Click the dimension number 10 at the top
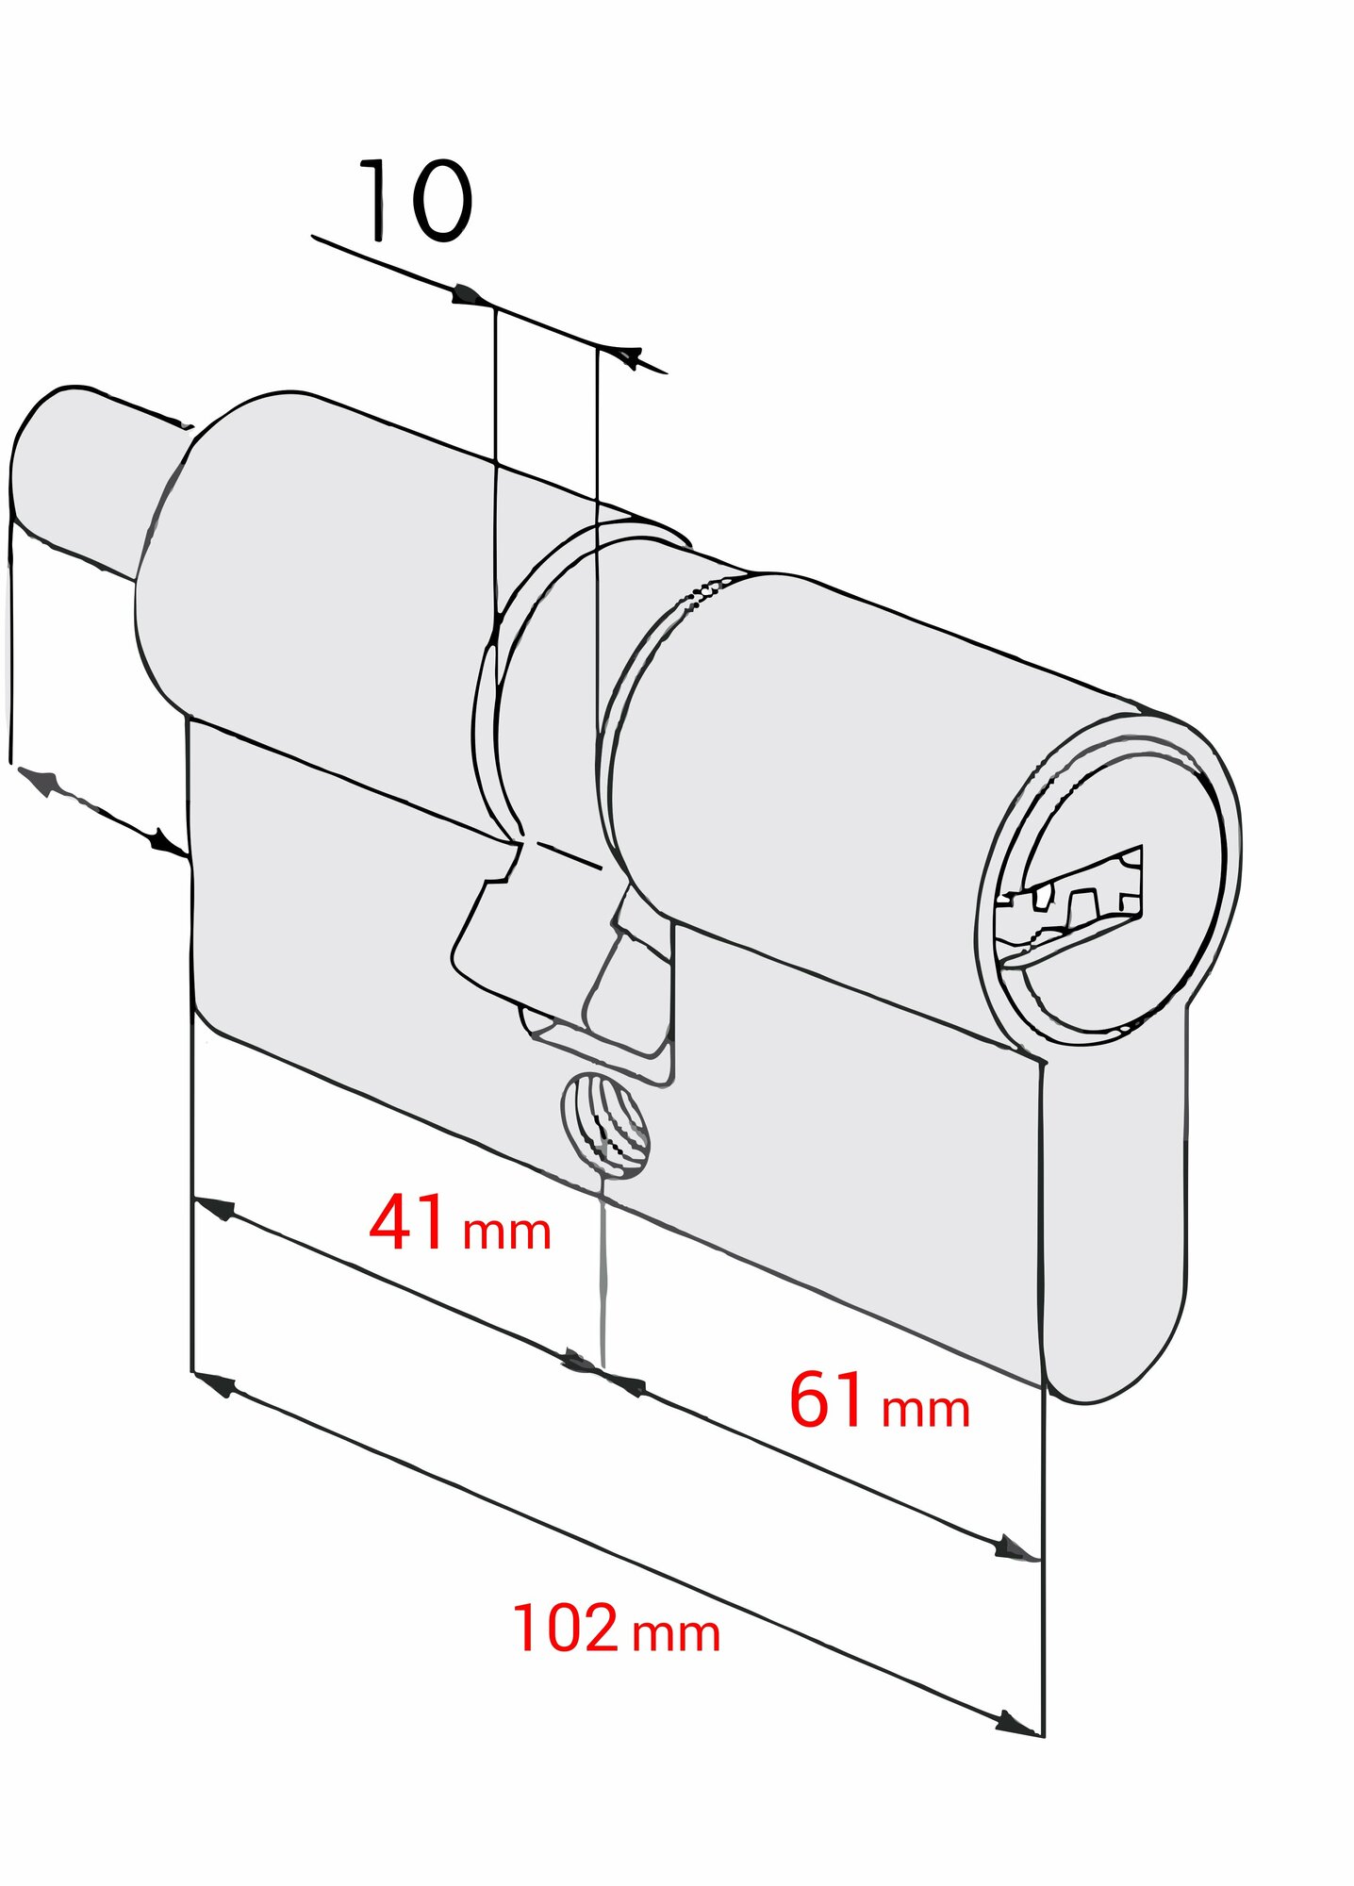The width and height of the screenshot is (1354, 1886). [416, 201]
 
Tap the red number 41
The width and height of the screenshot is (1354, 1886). [407, 1223]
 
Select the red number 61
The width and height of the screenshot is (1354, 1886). [827, 1398]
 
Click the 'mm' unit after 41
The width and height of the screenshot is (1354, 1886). [506, 1233]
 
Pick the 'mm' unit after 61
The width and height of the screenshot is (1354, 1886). [925, 1410]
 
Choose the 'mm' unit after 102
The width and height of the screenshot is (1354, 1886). [676, 1635]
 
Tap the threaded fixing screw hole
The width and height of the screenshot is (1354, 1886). [605, 1124]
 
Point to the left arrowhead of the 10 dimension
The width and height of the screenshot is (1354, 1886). [471, 296]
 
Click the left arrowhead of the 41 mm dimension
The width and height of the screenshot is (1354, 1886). [215, 1208]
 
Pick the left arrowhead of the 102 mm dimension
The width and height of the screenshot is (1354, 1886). [215, 1384]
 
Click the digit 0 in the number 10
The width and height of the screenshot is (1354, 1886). [439, 201]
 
